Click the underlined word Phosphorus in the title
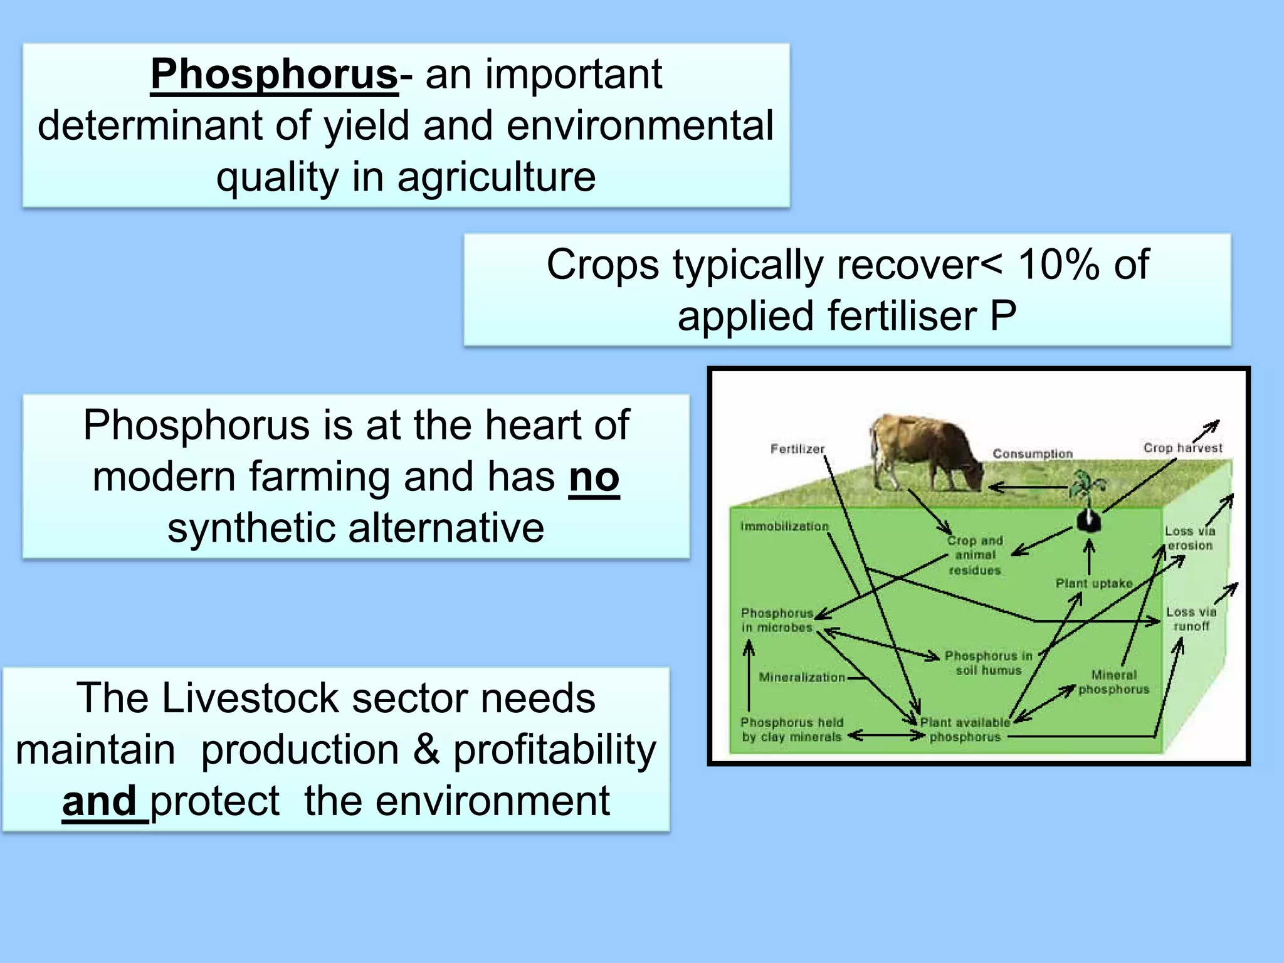pyautogui.click(x=274, y=74)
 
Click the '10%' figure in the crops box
pyautogui.click(x=1059, y=264)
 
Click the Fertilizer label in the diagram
pyautogui.click(x=797, y=449)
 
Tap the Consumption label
pyautogui.click(x=1033, y=453)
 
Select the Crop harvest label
pyautogui.click(x=1182, y=448)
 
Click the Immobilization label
pyautogui.click(x=784, y=527)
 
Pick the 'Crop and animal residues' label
pyautogui.click(x=975, y=555)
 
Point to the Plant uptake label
pyautogui.click(x=1094, y=584)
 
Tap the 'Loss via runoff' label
pyautogui.click(x=1191, y=619)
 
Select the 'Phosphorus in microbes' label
pyautogui.click(x=777, y=620)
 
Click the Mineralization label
pyautogui.click(x=802, y=677)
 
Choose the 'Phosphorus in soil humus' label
pyautogui.click(x=988, y=663)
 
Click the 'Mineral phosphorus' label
pyautogui.click(x=1113, y=682)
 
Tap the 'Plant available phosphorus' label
pyautogui.click(x=965, y=730)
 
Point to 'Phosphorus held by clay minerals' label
pyautogui.click(x=791, y=730)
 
